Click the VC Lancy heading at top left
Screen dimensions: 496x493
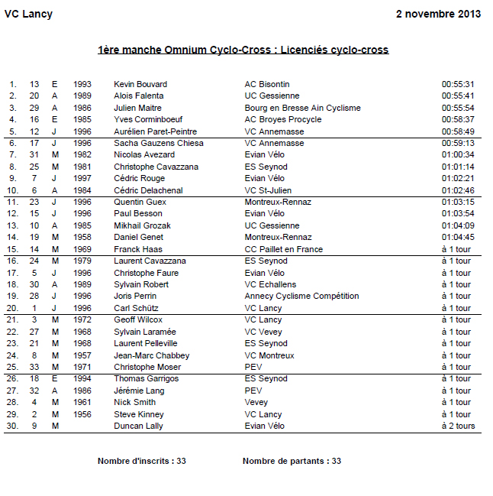pyautogui.click(x=28, y=15)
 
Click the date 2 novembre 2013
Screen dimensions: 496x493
pyautogui.click(x=439, y=15)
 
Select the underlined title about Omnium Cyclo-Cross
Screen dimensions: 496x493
pyautogui.click(x=243, y=50)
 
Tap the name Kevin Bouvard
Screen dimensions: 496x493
pyautogui.click(x=140, y=84)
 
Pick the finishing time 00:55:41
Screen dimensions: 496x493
pyautogui.click(x=458, y=96)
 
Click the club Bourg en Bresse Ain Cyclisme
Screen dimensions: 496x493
pyautogui.click(x=302, y=108)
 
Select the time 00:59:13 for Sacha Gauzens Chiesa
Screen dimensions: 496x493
pyautogui.click(x=458, y=143)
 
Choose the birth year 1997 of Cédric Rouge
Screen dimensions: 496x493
pyautogui.click(x=82, y=178)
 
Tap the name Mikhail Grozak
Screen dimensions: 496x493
pyautogui.click(x=142, y=225)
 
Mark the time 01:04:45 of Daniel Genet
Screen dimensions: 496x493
pyautogui.click(x=458, y=237)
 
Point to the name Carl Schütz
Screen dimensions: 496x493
pyautogui.click(x=135, y=308)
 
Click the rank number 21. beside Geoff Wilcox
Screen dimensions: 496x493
pyautogui.click(x=12, y=319)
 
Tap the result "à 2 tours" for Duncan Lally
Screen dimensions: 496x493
pyautogui.click(x=458, y=426)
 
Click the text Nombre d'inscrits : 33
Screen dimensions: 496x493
pyautogui.click(x=142, y=461)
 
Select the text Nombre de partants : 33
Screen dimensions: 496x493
pyautogui.click(x=292, y=461)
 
